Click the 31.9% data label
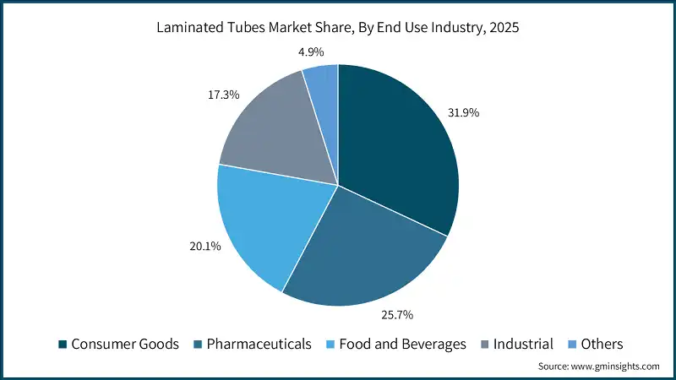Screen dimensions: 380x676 click(463, 112)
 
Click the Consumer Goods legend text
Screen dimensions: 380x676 click(125, 344)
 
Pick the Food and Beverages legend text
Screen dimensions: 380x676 click(403, 344)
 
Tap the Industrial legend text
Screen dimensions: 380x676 click(524, 344)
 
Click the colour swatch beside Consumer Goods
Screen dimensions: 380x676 click(62, 345)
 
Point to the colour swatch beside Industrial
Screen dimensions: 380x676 click(485, 345)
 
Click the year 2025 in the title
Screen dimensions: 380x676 click(504, 27)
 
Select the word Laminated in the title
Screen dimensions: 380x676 click(190, 27)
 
